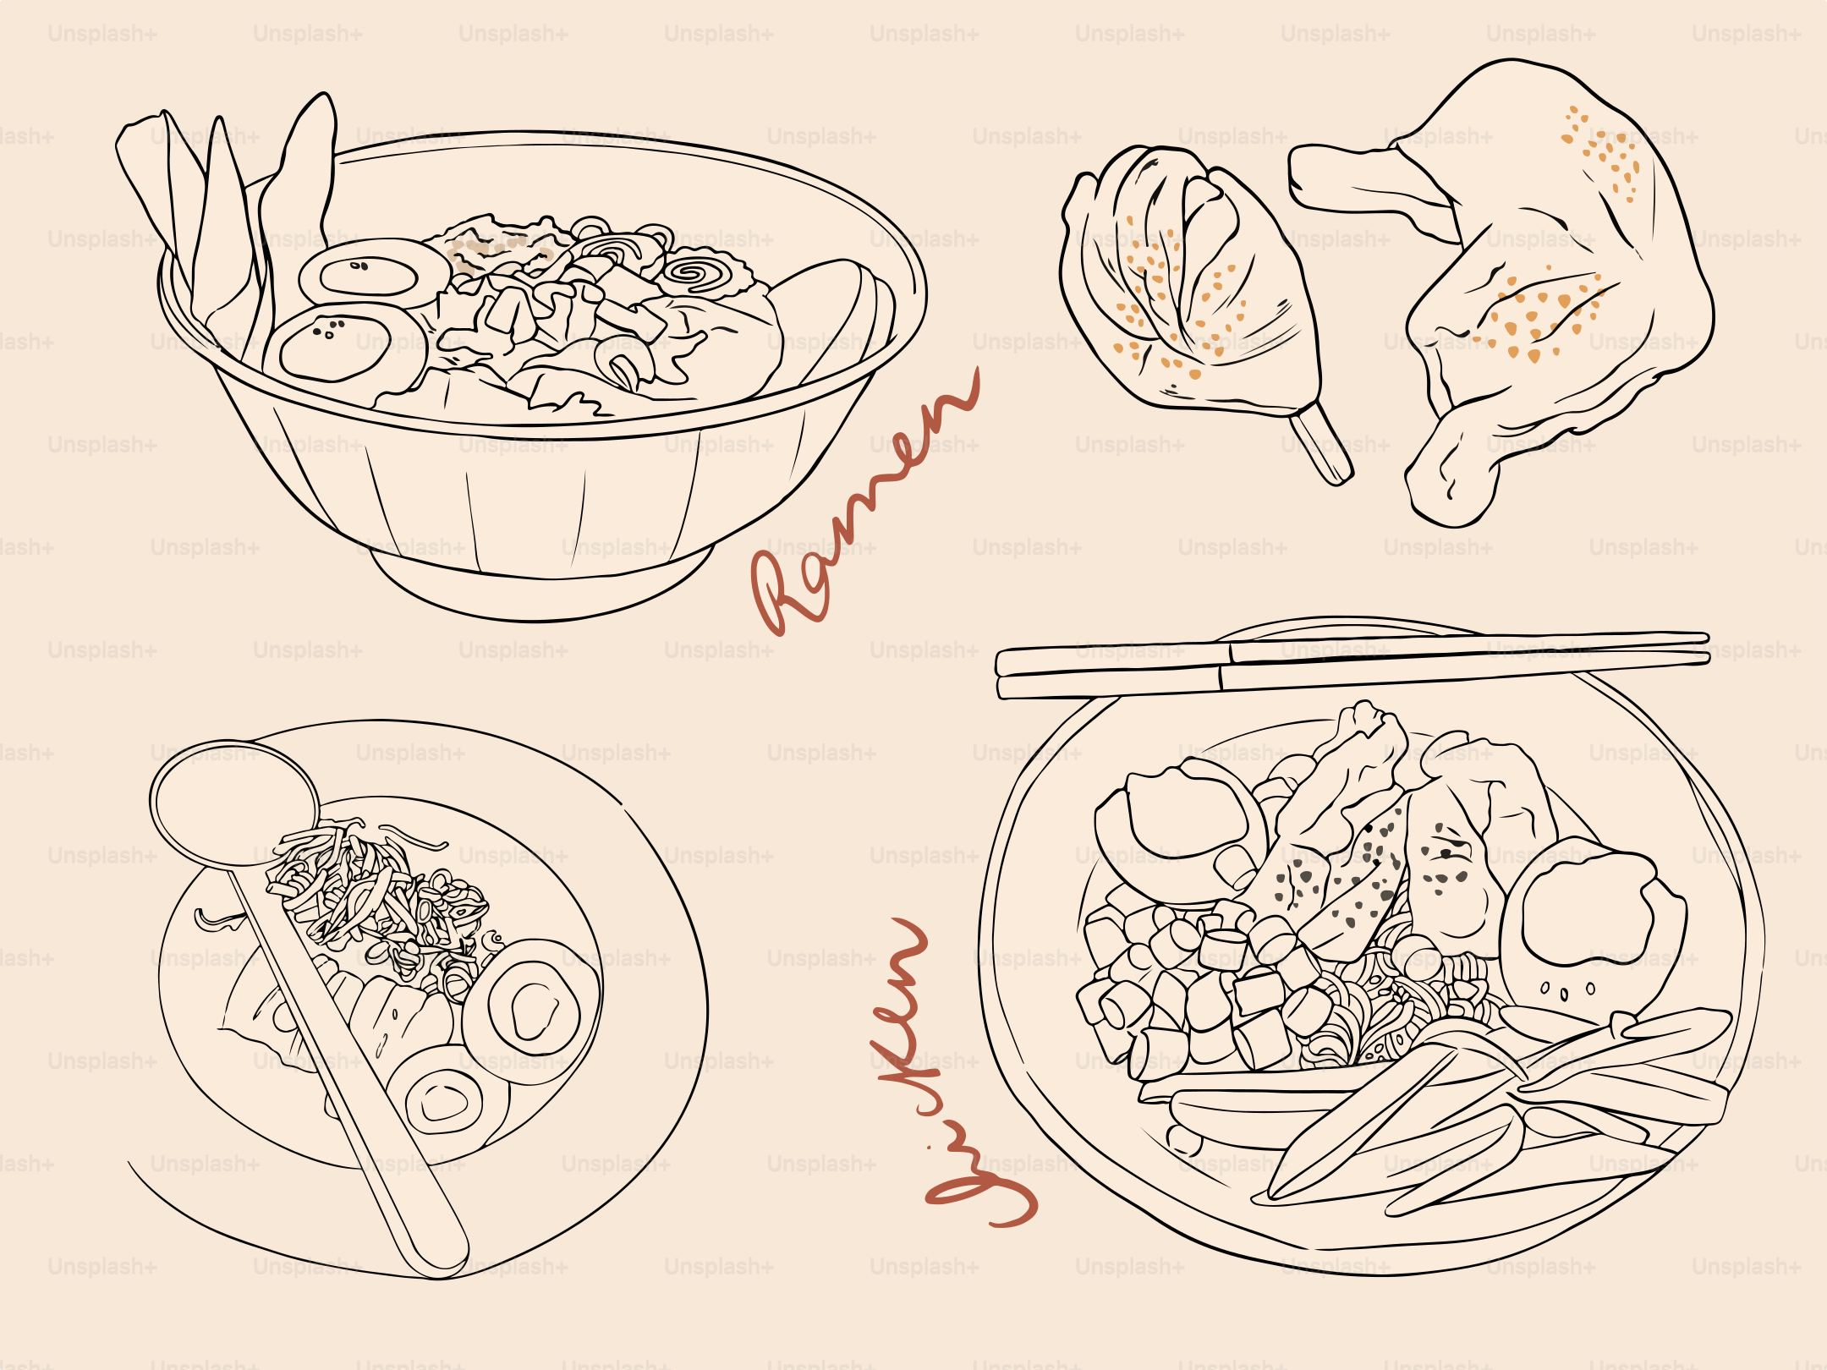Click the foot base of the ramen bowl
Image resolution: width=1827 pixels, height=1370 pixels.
(541, 592)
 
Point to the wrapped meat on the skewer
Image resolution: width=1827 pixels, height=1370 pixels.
(1184, 288)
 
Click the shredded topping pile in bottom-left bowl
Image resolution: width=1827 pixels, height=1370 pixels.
(381, 896)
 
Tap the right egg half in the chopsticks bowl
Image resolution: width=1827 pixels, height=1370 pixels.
(1590, 913)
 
